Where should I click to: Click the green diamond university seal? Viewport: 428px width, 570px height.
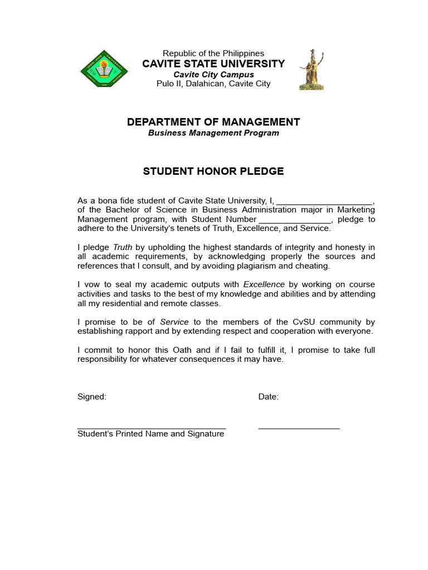pyautogui.click(x=104, y=69)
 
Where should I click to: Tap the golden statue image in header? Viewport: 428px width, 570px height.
pyautogui.click(x=311, y=69)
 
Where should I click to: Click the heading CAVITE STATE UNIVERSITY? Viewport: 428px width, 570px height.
pyautogui.click(x=213, y=64)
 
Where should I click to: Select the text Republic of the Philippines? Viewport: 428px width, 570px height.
pyautogui.click(x=213, y=53)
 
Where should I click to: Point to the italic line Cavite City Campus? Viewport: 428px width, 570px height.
pyautogui.click(x=213, y=75)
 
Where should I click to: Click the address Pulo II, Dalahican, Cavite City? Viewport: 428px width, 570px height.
pyautogui.click(x=213, y=84)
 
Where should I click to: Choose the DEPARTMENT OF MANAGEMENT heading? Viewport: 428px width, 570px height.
pyautogui.click(x=213, y=122)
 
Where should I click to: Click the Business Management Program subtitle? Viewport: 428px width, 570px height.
pyautogui.click(x=213, y=133)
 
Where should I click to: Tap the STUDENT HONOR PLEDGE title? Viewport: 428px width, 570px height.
pyautogui.click(x=213, y=171)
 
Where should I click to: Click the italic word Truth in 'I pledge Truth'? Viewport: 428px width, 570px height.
pyautogui.click(x=123, y=247)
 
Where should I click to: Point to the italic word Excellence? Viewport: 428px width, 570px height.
pyautogui.click(x=264, y=284)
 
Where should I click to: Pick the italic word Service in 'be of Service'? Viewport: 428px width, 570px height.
pyautogui.click(x=174, y=322)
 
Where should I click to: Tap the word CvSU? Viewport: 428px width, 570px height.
pyautogui.click(x=307, y=322)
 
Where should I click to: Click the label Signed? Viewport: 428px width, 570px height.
pyautogui.click(x=91, y=397)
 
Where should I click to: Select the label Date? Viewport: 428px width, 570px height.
pyautogui.click(x=269, y=397)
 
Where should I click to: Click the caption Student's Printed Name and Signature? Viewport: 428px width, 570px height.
pyautogui.click(x=151, y=434)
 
